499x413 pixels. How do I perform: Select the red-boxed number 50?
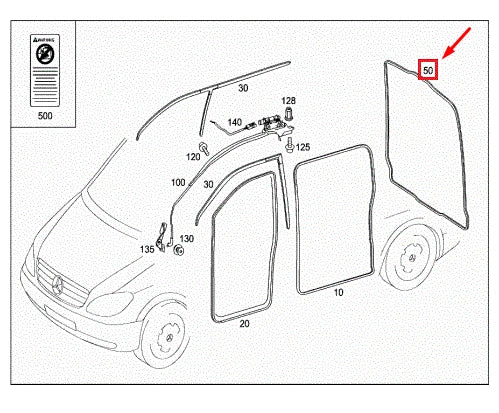coord(428,70)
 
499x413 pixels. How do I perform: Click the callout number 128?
coord(288,101)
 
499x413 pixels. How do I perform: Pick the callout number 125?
coord(303,148)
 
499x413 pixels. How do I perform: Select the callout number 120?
coord(194,157)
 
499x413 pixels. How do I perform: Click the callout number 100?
coord(178,184)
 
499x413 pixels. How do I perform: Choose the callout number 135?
coord(147,249)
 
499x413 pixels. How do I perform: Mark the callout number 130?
coord(187,239)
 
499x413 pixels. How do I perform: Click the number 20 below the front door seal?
coord(244,324)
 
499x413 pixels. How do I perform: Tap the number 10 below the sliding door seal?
coord(338,293)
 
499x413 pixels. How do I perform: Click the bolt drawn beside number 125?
coord(288,146)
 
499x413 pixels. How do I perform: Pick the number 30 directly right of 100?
coord(207,184)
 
